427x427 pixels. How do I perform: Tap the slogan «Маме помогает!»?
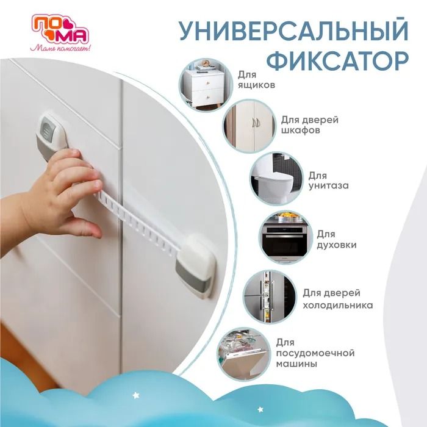tap(60, 48)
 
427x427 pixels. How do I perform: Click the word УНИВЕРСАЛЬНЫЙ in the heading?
tap(294, 30)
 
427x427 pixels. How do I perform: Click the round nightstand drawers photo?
tap(206, 84)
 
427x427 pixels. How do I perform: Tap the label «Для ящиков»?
tap(256, 79)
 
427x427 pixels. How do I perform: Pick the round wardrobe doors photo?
tap(249, 126)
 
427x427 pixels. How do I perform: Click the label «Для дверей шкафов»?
tap(310, 124)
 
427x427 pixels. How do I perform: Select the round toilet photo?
tap(277, 179)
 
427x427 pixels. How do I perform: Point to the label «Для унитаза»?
tap(328, 181)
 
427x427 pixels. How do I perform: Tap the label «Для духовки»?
tap(337, 239)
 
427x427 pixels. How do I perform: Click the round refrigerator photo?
tap(270, 297)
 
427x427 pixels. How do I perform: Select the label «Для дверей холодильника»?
tap(338, 299)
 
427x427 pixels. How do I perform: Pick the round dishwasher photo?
tap(244, 354)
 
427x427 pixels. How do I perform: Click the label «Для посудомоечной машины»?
tap(315, 353)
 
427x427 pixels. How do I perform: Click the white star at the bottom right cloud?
tap(260, 409)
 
